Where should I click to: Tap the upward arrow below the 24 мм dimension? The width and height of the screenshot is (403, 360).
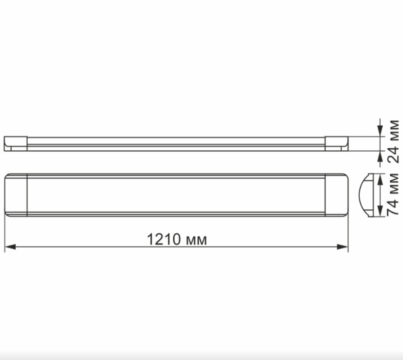[379, 156]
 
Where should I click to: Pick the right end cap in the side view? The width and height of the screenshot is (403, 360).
[337, 143]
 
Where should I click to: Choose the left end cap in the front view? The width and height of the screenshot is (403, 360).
[15, 195]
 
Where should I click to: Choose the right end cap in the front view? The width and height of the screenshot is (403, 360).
[337, 195]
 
